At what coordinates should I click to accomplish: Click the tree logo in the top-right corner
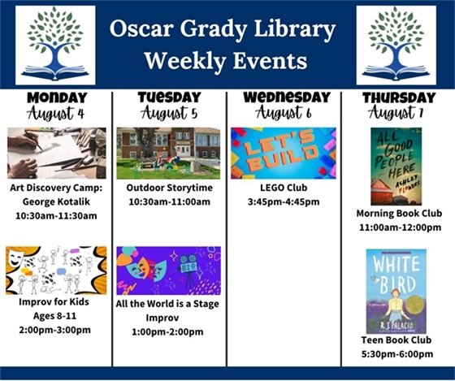point(396,45)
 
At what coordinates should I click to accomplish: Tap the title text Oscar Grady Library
point(224,31)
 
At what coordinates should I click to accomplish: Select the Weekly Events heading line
point(224,61)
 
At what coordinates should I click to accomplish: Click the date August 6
point(284,114)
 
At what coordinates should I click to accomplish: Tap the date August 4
point(56,114)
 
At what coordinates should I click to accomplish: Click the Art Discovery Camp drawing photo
point(56,153)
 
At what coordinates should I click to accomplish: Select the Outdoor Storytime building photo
point(168,153)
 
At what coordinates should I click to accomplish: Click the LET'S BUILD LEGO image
point(284,153)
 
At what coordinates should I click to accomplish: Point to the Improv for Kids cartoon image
point(56,271)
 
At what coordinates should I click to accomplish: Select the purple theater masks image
point(168,271)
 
